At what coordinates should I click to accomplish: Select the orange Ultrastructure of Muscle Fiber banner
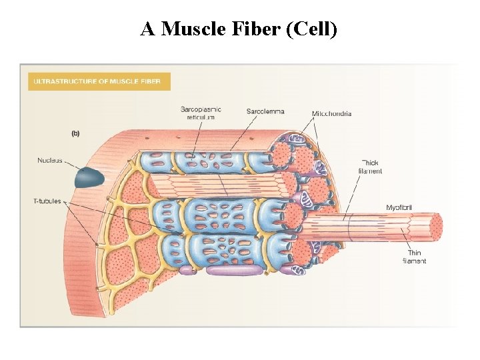click(x=99, y=81)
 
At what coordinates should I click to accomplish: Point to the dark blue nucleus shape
click(x=89, y=177)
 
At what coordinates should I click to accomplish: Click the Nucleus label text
click(x=50, y=160)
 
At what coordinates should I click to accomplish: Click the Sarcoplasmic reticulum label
click(x=201, y=113)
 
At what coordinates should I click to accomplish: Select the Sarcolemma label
click(x=265, y=111)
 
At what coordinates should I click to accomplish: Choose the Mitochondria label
click(x=331, y=113)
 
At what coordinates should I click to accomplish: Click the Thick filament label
click(x=370, y=167)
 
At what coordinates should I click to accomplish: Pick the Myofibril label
click(x=399, y=208)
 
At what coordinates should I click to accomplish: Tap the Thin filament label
click(x=414, y=257)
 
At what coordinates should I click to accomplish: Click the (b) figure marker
click(x=75, y=133)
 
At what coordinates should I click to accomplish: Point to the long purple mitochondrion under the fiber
click(x=233, y=271)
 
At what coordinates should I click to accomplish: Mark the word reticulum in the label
click(x=201, y=117)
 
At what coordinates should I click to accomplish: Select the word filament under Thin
click(x=414, y=261)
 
